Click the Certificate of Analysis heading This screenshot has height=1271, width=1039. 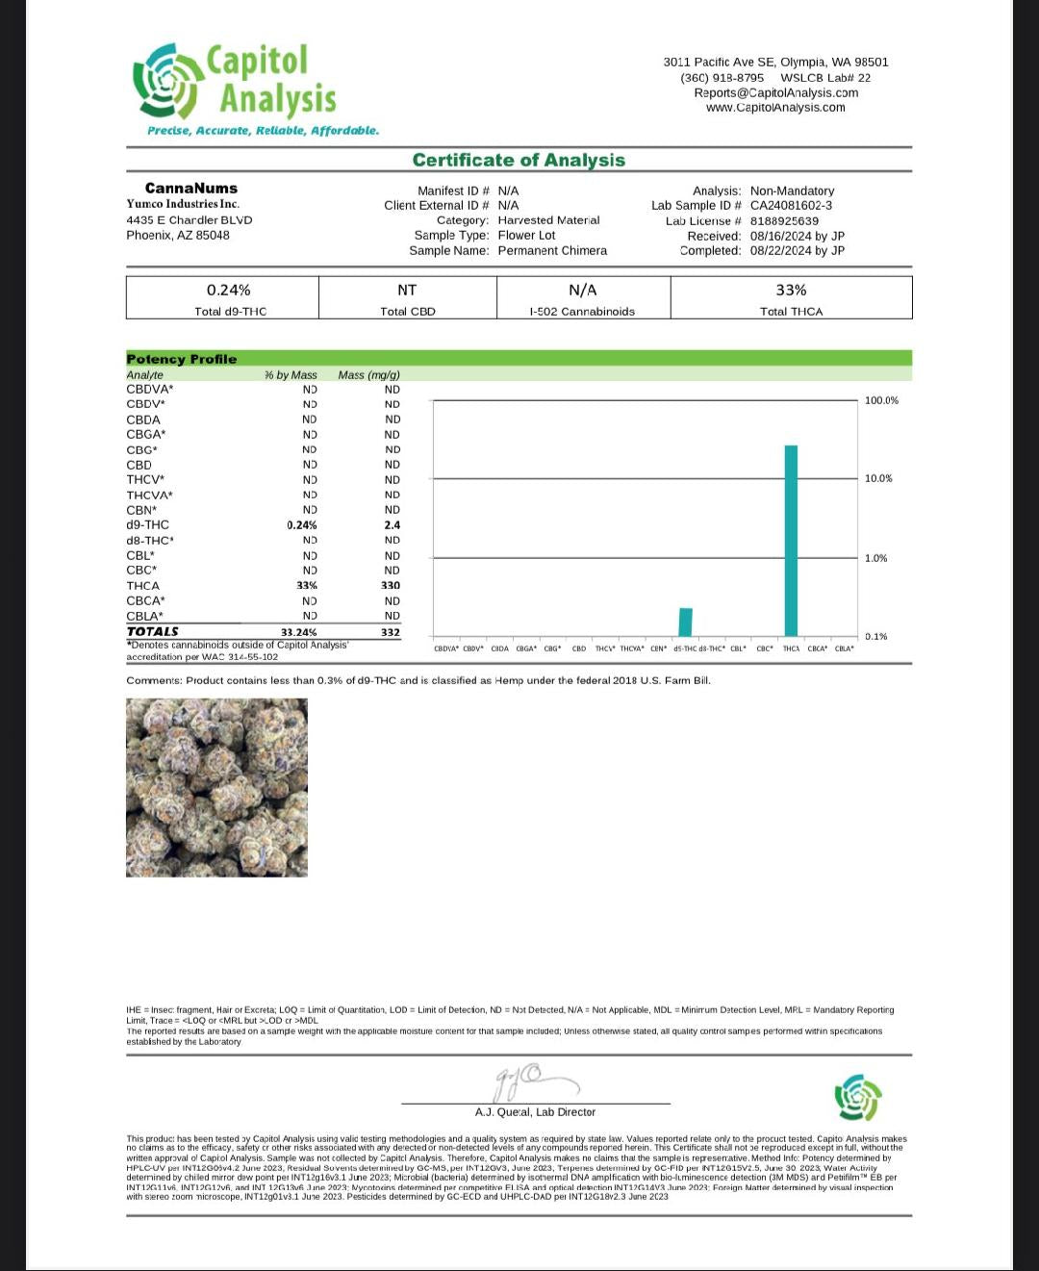[519, 161]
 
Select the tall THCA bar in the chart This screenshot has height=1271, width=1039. [791, 540]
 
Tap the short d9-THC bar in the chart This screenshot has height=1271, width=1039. [685, 622]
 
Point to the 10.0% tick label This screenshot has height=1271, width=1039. [878, 478]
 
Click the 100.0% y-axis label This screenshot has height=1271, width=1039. [881, 400]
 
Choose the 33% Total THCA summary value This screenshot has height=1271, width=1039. [791, 290]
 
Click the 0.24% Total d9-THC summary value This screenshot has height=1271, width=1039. [229, 290]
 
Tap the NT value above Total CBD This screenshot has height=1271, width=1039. [407, 290]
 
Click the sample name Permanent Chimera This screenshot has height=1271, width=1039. [552, 250]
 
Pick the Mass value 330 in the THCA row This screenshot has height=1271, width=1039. [391, 585]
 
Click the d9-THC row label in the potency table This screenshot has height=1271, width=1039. [147, 524]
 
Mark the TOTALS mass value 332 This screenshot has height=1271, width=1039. [391, 632]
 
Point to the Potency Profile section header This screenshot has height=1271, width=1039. [181, 359]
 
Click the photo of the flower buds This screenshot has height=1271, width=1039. [216, 787]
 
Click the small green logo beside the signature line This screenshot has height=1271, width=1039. [858, 1098]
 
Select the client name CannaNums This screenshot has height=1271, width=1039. [190, 188]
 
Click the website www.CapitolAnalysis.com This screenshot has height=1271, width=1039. [775, 108]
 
